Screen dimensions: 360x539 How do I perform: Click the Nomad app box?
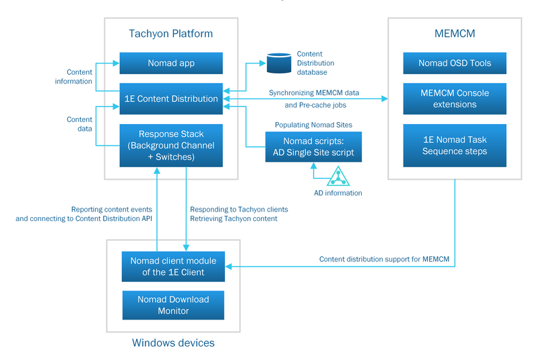tap(171, 63)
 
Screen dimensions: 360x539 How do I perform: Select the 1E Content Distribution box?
tap(171, 98)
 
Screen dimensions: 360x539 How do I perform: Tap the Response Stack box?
tap(171, 146)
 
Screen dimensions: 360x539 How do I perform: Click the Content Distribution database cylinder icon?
tap(278, 63)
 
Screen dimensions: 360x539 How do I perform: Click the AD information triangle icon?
tap(338, 177)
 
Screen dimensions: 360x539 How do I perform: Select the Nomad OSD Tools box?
tap(454, 63)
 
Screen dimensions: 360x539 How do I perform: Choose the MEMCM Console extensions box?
tap(454, 98)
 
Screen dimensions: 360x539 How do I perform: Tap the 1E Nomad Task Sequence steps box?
tap(454, 145)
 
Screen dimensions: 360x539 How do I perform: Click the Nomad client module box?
tap(172, 266)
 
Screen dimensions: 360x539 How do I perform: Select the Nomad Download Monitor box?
tap(172, 305)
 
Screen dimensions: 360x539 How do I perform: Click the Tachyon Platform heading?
tap(170, 34)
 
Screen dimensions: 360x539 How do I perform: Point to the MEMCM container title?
tap(454, 34)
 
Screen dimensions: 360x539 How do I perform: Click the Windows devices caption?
tap(173, 342)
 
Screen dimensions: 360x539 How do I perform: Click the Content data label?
tap(79, 124)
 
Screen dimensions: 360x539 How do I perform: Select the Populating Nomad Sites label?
tap(313, 125)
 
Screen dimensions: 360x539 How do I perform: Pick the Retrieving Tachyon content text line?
tap(234, 218)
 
